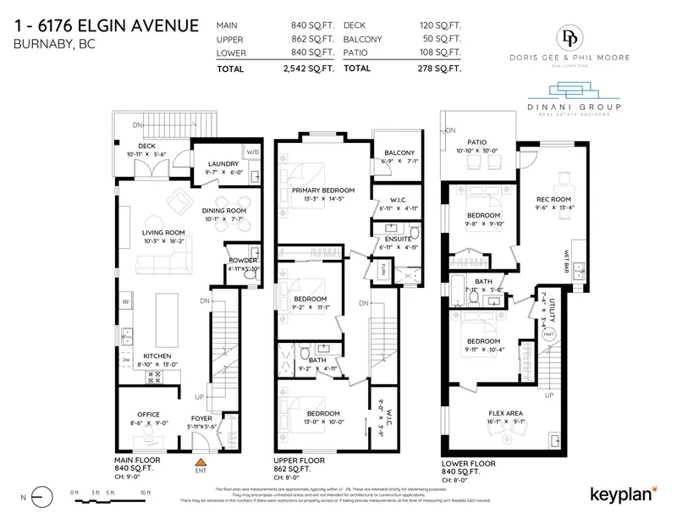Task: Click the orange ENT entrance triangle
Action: tap(201, 462)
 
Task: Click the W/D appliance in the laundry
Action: tap(253, 153)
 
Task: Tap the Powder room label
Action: tap(242, 260)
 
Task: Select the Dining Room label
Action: tap(224, 211)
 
